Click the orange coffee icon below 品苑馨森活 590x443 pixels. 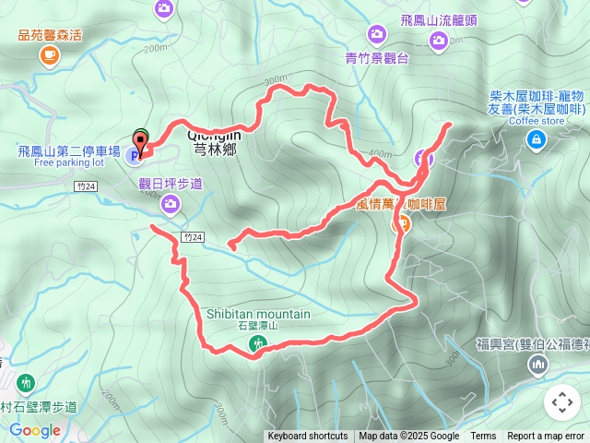coord(48,55)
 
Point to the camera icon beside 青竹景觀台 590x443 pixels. coord(376,35)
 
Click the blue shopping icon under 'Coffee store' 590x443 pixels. coord(535,138)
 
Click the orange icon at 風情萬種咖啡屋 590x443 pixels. coord(402,222)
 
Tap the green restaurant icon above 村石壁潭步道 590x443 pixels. coord(25,382)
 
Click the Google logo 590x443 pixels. coord(34,430)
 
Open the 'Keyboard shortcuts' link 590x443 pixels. coord(308,437)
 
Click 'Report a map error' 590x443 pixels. coord(546,437)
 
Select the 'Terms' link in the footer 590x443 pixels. coord(483,437)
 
